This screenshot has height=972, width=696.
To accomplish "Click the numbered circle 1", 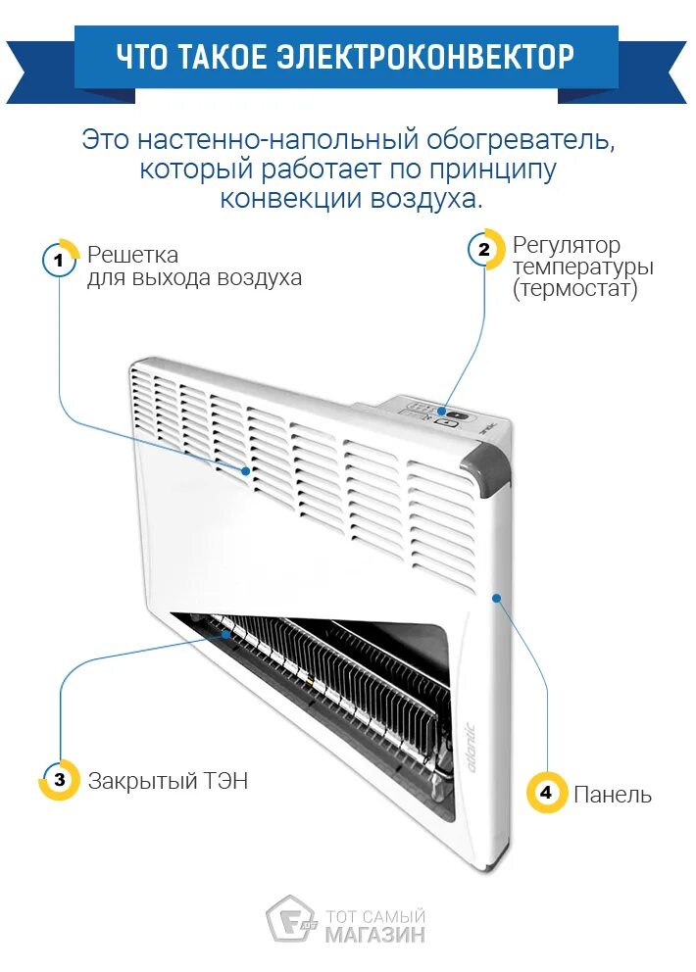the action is pos(59,260).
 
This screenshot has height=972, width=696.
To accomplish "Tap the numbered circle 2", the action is pos(484,250).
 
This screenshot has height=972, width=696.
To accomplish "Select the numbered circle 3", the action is pos(59,780).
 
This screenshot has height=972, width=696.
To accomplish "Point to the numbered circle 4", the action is pos(546,792).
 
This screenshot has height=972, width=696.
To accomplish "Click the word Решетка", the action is pos(132,255).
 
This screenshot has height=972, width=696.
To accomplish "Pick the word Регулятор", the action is pos(567,245).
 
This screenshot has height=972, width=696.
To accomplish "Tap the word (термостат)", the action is pos(574,290).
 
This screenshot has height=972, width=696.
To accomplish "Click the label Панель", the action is pos(613,794).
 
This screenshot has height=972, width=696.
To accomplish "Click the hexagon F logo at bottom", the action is pos(288,919).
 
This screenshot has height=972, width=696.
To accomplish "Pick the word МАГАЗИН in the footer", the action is pos(375,934).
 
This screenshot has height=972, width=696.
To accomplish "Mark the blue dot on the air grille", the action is pos(245,470).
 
